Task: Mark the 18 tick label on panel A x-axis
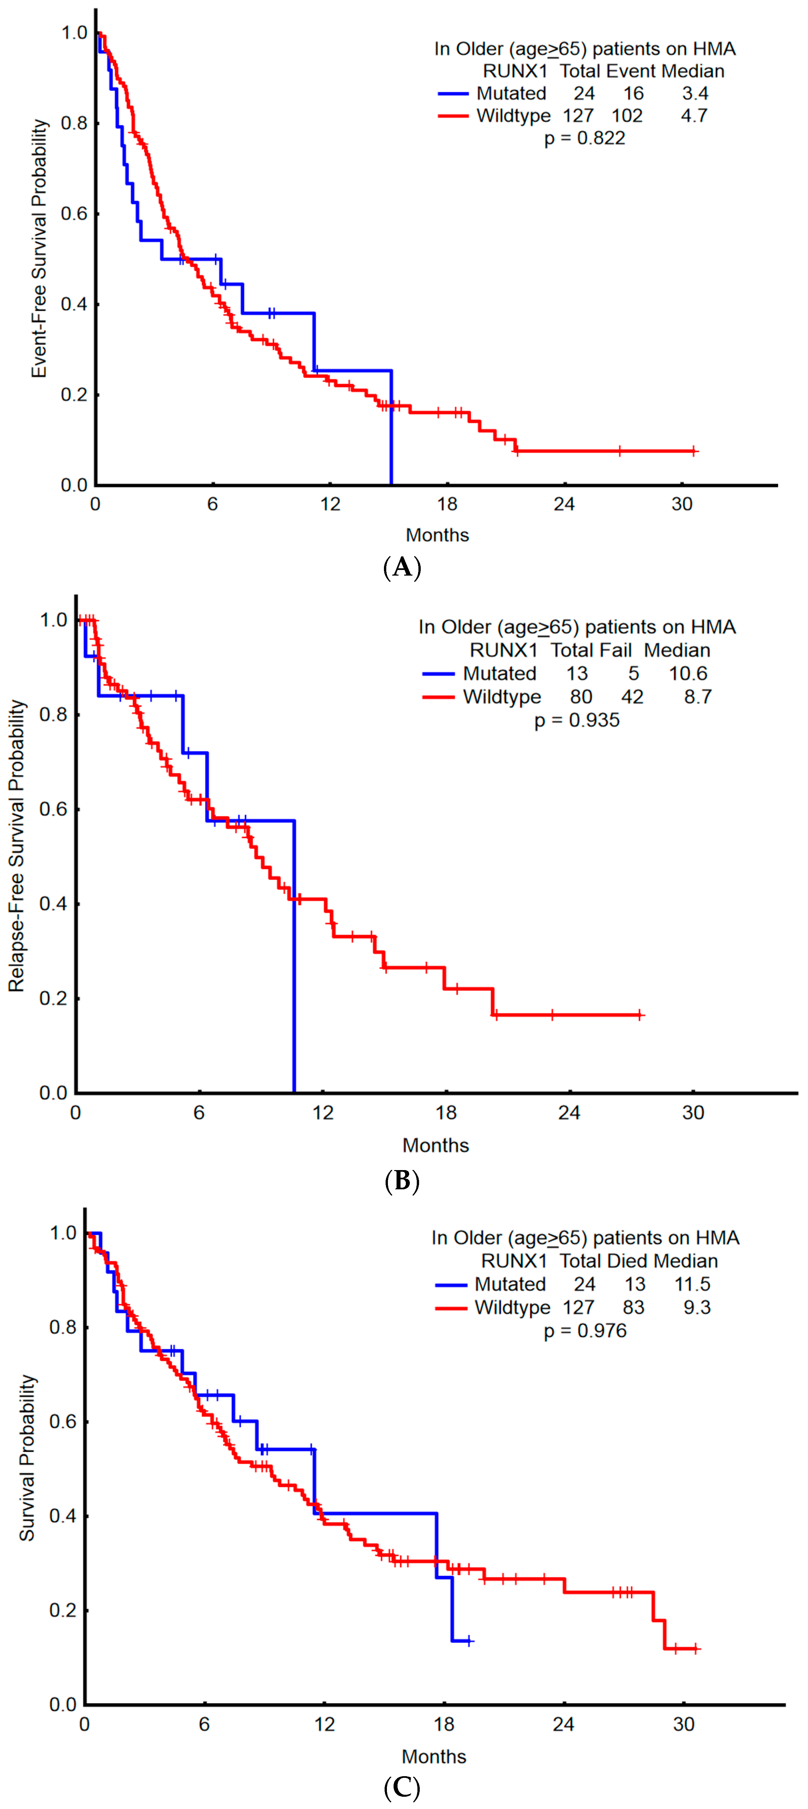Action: click(447, 504)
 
